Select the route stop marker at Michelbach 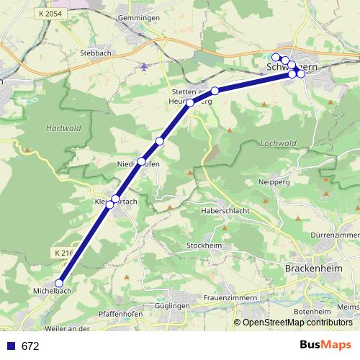[59, 284]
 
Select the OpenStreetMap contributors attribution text [297, 323]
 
